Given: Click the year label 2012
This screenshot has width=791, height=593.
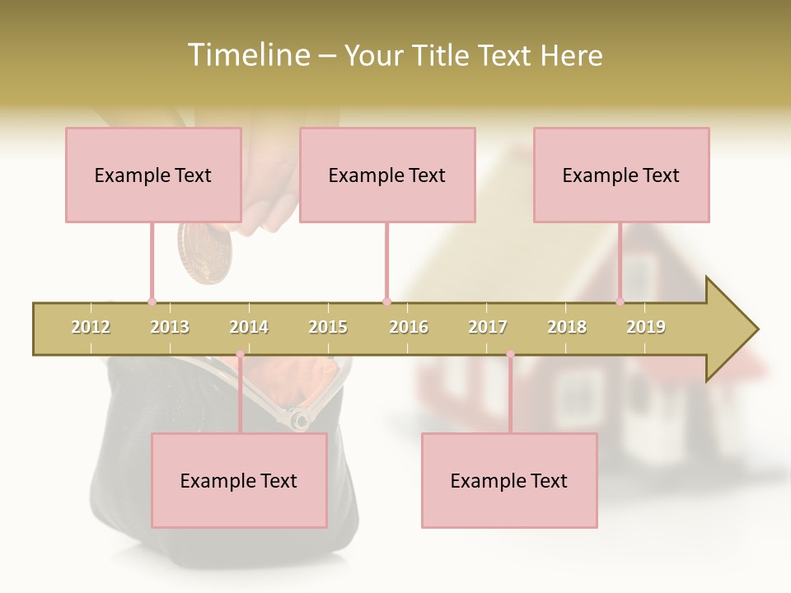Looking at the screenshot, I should (91, 327).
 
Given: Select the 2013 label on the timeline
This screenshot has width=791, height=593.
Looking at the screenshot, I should (170, 327).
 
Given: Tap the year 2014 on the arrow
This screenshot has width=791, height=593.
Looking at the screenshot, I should (249, 327).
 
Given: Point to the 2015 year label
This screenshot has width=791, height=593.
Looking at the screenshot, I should (328, 327).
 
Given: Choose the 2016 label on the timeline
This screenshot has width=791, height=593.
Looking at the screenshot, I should (409, 327).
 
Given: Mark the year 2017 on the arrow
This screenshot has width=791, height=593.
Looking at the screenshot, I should (488, 327).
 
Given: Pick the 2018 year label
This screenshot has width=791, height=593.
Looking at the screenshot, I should (567, 327).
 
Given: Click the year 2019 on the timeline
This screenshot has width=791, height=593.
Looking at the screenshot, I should (646, 327).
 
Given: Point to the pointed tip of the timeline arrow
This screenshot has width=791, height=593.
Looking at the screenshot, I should (756, 329).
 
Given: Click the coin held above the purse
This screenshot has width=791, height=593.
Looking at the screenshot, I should (205, 253).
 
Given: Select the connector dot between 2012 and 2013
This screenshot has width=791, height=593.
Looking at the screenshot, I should (152, 301).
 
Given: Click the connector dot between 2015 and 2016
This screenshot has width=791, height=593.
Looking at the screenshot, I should (386, 301).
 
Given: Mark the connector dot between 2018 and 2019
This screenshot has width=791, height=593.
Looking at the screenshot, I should (620, 301).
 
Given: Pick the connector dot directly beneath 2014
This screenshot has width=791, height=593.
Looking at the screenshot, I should (240, 355).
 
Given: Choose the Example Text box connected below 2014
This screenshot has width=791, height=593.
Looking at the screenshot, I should (239, 480).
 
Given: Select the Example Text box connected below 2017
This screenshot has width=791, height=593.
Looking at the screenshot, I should (509, 480).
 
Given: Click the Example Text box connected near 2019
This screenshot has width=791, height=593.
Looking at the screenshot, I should (621, 175).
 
